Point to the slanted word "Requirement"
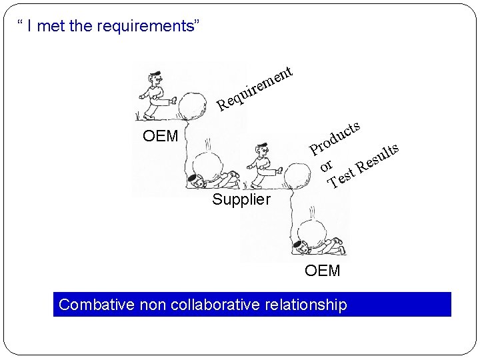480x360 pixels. tap(256, 87)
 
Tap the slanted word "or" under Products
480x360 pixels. tap(326, 163)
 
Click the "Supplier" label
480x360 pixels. tap(241, 199)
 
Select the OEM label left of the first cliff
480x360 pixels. tap(161, 137)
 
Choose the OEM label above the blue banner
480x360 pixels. tap(322, 270)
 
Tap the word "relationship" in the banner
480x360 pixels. tap(307, 305)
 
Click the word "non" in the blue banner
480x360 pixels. tap(151, 305)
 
